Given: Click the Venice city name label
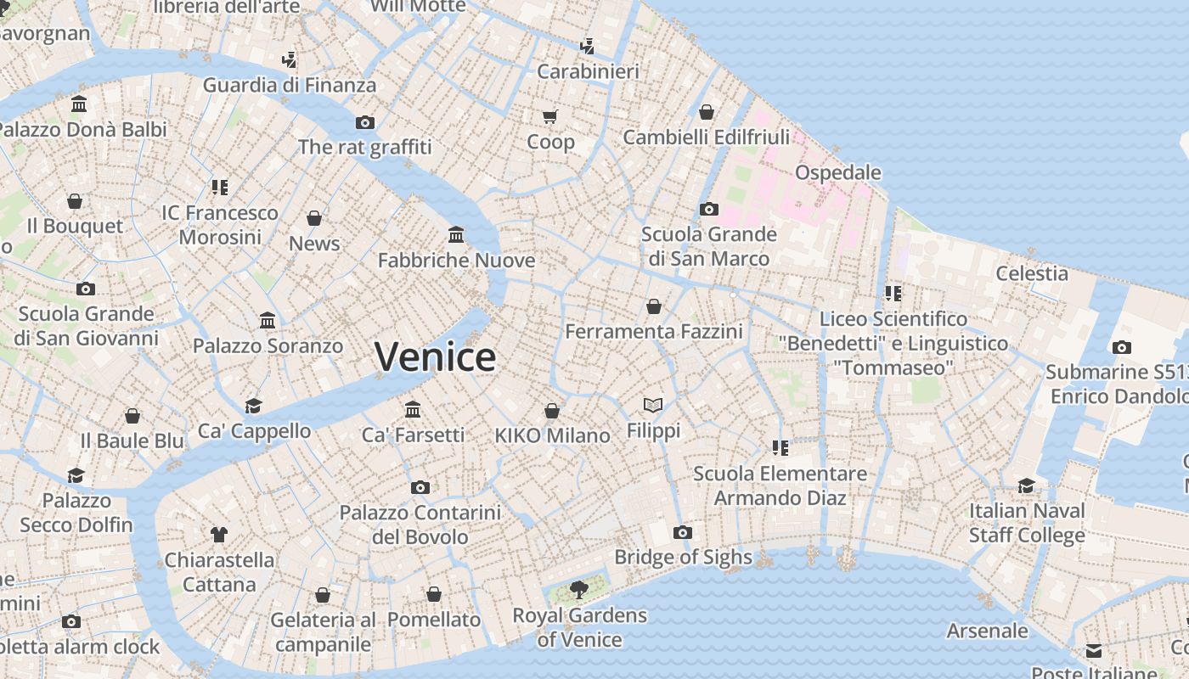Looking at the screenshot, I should [x=435, y=356].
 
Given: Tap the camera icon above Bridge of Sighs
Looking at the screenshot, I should [x=682, y=532].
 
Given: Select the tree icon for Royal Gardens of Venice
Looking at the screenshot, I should [x=579, y=589].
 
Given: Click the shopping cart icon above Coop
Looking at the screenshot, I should [x=550, y=116].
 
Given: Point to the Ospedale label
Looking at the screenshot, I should [x=837, y=172].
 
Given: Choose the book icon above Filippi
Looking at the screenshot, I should [x=653, y=406].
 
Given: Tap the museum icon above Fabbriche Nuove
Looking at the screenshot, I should [x=456, y=234].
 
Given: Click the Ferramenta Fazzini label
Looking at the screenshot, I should [x=653, y=331].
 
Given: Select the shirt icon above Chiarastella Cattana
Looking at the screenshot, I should [x=219, y=534].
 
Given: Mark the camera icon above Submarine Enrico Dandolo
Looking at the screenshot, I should [x=1121, y=347].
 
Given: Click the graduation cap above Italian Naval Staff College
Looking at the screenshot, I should [x=1027, y=485].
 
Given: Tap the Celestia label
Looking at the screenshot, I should [x=1031, y=273].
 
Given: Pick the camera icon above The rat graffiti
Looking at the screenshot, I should [x=365, y=122].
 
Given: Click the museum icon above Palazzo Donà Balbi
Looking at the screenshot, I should [x=79, y=104].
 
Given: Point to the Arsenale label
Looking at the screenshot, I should [x=987, y=631].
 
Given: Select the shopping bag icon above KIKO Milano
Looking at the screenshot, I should [x=552, y=411].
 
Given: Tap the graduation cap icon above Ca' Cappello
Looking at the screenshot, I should [x=253, y=406].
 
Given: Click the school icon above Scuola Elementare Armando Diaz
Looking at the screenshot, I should [x=780, y=447].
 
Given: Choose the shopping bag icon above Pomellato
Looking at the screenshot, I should [x=434, y=594].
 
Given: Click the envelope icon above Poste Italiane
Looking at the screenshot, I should [x=1093, y=651].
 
